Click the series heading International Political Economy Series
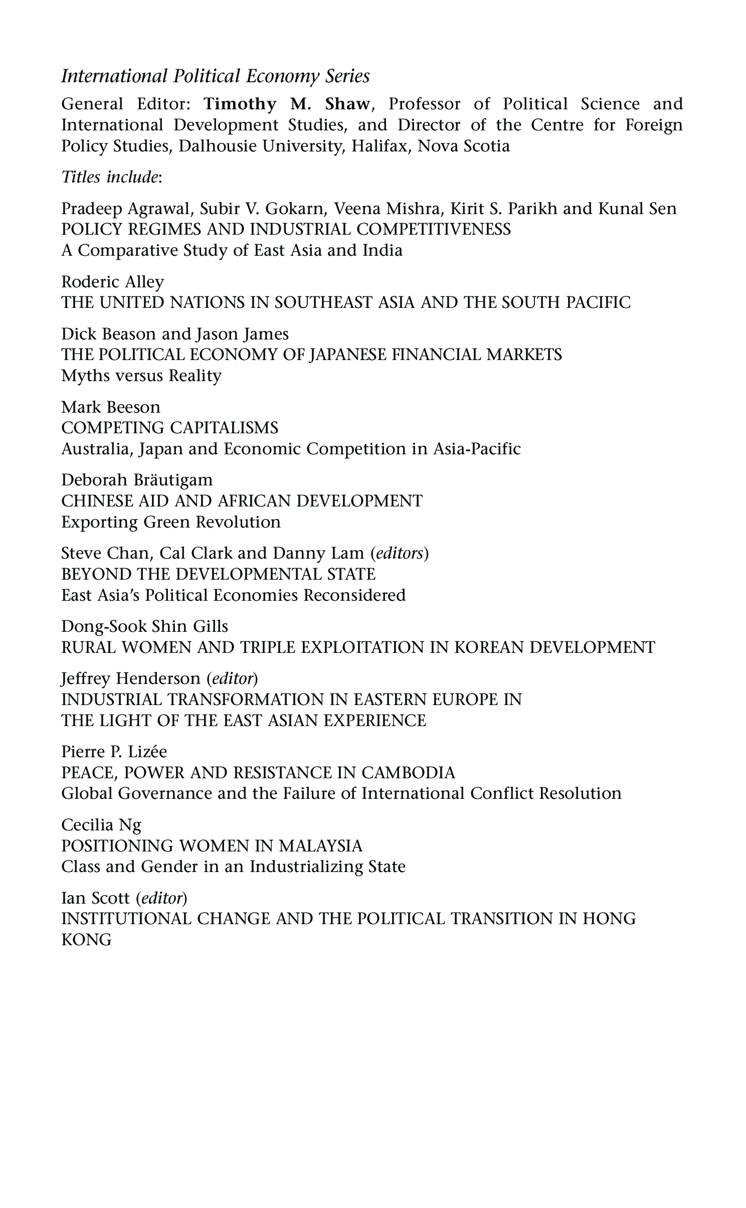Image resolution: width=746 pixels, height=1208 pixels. (216, 76)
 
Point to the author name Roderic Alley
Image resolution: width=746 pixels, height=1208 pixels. (112, 282)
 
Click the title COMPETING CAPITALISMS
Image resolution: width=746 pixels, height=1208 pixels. (169, 427)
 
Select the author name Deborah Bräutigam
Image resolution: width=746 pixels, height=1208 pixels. (137, 480)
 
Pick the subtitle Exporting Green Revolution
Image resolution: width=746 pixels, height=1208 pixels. (170, 522)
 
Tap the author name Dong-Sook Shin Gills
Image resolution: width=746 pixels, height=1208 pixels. (144, 626)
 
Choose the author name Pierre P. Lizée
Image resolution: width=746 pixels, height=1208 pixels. (114, 752)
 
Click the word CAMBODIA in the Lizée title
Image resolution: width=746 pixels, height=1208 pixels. (408, 772)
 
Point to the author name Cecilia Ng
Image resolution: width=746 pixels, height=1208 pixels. (101, 825)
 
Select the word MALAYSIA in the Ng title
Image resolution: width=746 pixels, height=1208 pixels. (320, 845)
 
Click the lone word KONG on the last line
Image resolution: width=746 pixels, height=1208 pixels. (86, 940)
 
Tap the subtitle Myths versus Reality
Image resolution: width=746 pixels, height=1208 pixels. (141, 376)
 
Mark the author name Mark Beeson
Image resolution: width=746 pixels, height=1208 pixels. (111, 407)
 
